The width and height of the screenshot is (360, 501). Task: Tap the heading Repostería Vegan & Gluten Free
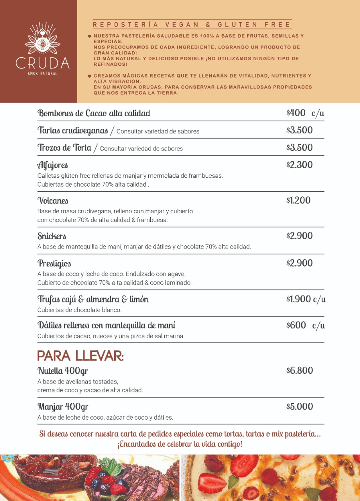192,25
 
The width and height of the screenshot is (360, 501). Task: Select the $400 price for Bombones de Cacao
296,113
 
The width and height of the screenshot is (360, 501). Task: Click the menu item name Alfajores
53,165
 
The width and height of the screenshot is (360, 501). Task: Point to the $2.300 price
299,165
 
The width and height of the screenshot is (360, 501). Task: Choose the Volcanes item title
53,201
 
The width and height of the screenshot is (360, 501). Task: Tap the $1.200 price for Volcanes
298,200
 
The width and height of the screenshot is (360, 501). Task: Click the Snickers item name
52,236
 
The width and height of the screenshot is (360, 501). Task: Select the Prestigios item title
54,263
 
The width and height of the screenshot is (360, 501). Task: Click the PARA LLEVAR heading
81,356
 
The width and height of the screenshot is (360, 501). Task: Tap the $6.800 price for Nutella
299,370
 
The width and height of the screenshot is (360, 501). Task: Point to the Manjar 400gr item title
63,406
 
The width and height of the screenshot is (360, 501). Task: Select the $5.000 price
299,406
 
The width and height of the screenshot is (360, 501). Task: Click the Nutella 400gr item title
63,370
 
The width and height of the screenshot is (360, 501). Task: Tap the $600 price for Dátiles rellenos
296,325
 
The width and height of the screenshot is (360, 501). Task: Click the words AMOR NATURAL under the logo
42,74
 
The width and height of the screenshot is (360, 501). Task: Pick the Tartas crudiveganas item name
73,130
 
